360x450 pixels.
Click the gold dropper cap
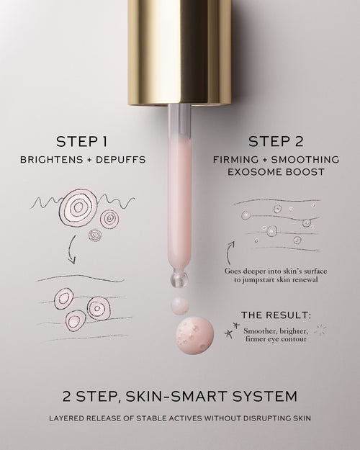click(179, 50)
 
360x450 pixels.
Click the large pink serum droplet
click(194, 333)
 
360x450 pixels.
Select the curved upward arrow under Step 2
click(230, 252)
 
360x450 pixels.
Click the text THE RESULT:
click(275, 315)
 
